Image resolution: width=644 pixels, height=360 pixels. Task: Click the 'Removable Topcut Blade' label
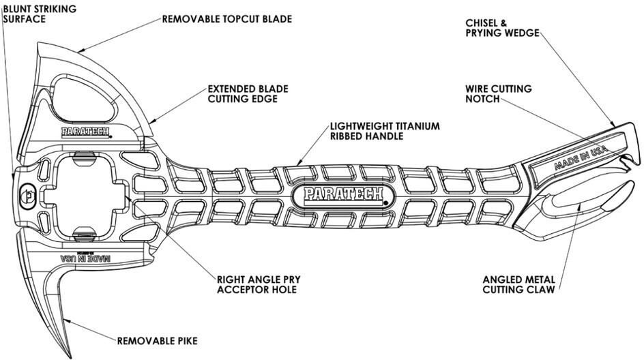point(226,19)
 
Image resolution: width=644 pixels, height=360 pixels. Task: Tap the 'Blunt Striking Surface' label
point(40,14)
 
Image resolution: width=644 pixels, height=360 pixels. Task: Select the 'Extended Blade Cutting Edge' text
point(248,93)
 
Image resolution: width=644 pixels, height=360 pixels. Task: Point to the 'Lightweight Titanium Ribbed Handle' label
point(385,131)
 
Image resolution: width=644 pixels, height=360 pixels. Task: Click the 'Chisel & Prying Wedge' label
point(502,28)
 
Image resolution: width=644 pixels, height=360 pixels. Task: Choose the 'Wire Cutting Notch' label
point(499,93)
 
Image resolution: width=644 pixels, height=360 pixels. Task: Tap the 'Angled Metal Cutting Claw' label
point(518,284)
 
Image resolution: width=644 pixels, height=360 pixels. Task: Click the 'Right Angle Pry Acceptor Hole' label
point(259,284)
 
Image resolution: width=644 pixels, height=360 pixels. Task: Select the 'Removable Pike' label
point(158,341)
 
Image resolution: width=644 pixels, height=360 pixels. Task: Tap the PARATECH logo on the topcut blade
point(85,132)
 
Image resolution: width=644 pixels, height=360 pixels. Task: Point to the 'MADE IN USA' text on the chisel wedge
point(581,157)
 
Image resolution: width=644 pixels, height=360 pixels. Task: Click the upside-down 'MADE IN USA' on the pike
point(85,258)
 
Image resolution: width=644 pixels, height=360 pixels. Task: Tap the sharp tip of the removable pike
point(69,357)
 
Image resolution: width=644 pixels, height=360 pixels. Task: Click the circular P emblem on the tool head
point(28,195)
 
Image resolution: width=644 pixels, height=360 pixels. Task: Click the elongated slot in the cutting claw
point(588,198)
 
